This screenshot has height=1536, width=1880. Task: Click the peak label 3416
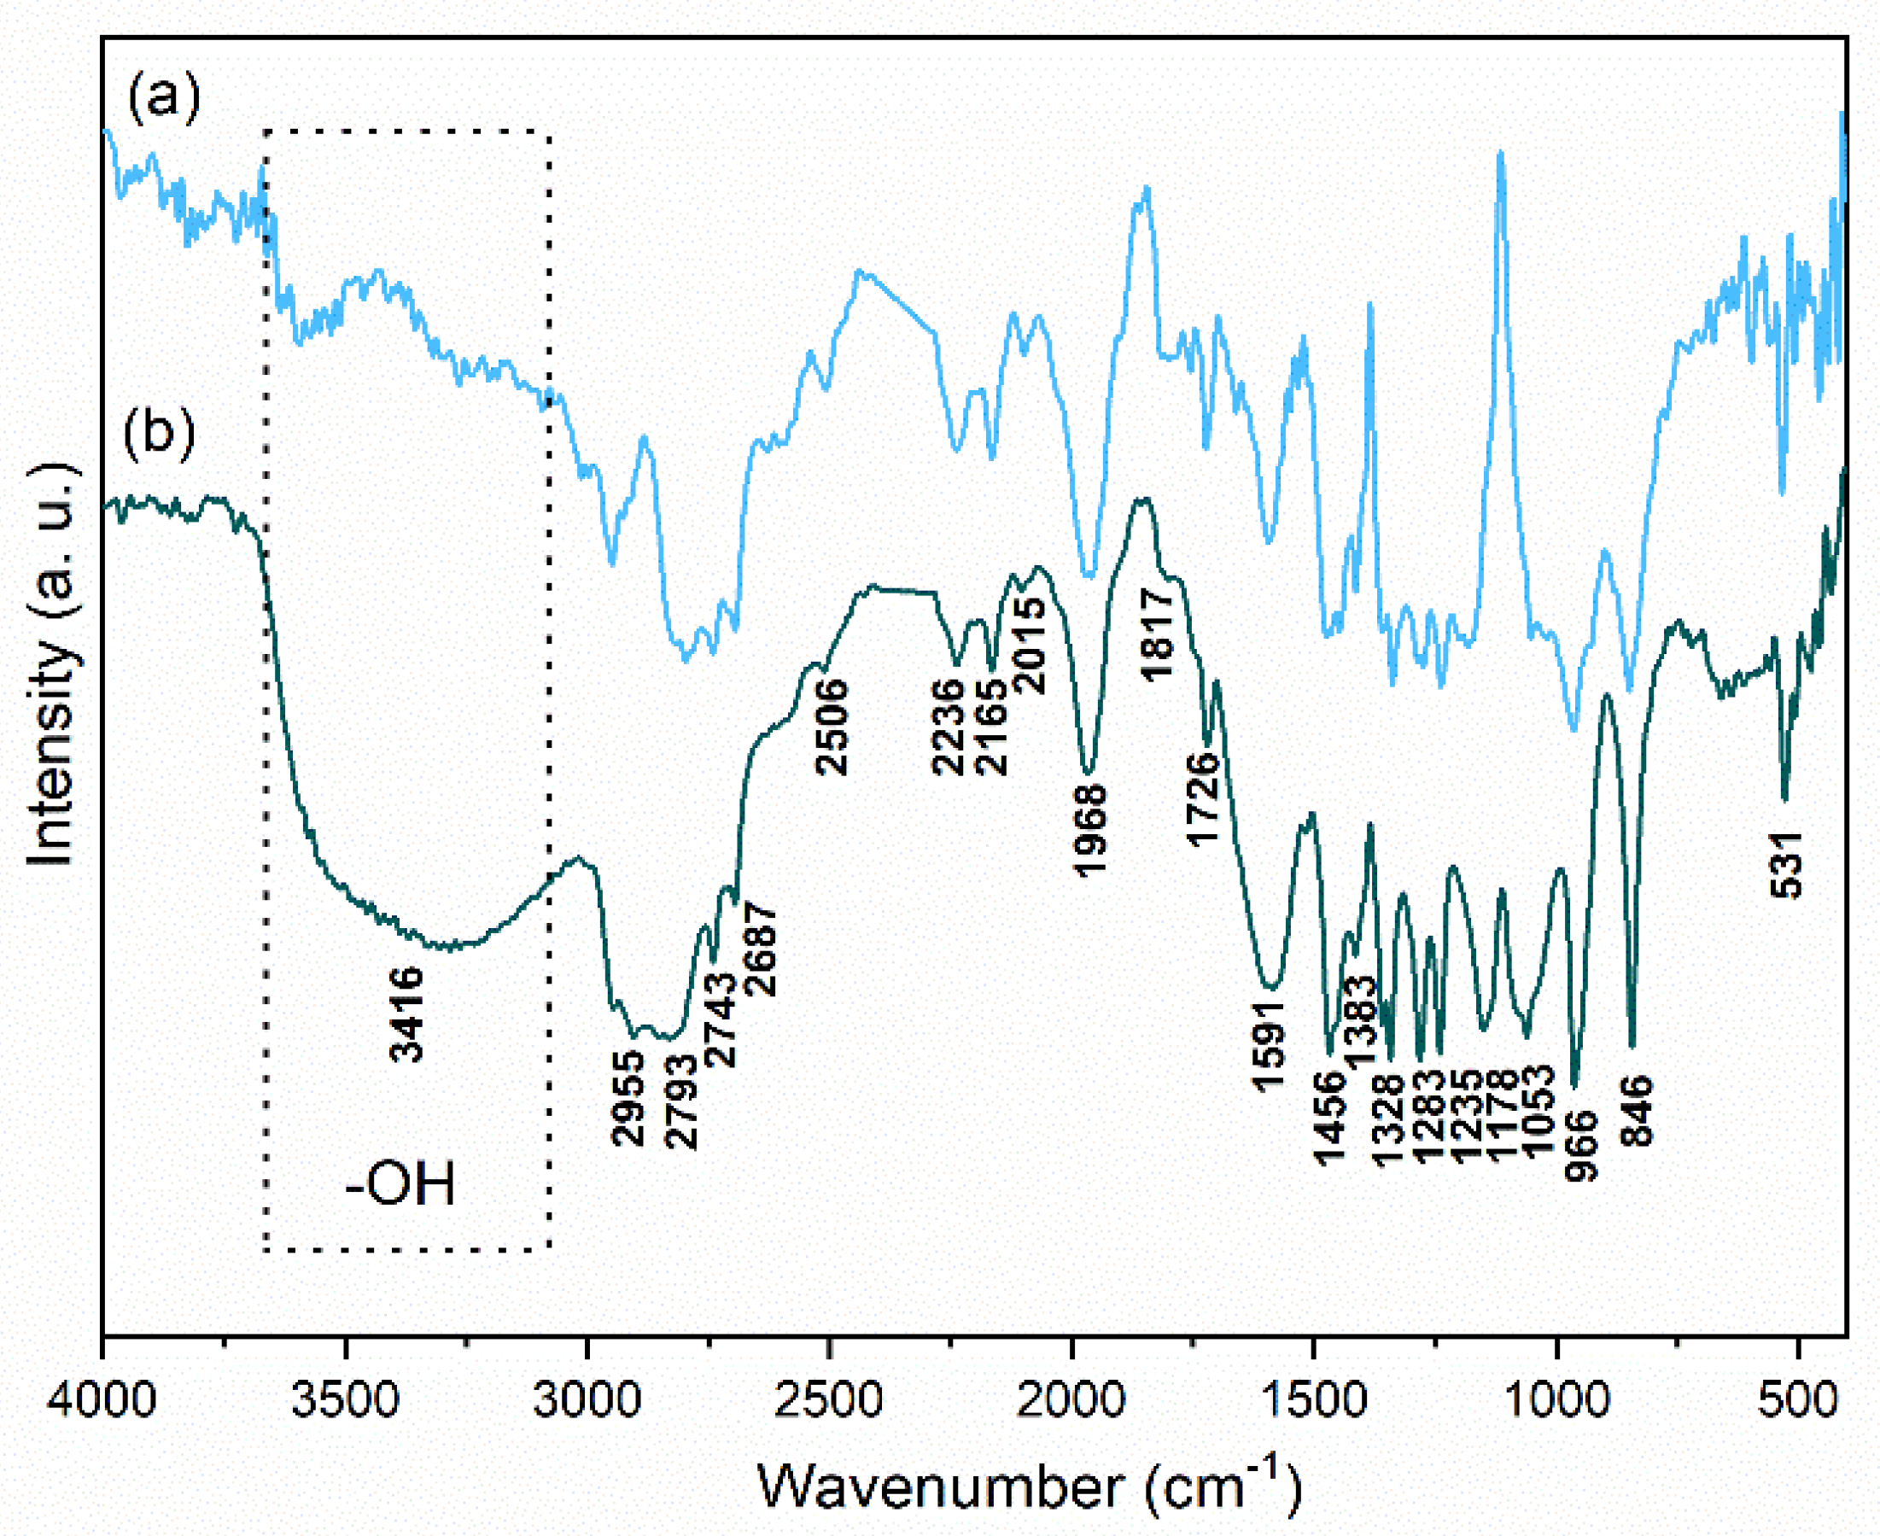(x=408, y=1014)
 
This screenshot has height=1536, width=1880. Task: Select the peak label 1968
(x=1091, y=830)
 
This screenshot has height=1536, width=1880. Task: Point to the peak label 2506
(x=832, y=727)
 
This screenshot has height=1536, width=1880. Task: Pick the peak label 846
(x=1637, y=1112)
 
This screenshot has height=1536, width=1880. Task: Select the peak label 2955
(x=629, y=1099)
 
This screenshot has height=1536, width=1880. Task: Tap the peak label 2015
(x=1030, y=644)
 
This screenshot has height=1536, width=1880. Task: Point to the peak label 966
(x=1582, y=1147)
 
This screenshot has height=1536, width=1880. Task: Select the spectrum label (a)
(x=164, y=96)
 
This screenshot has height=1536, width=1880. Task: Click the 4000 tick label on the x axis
(x=102, y=1400)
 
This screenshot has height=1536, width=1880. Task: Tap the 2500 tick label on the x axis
(x=829, y=1400)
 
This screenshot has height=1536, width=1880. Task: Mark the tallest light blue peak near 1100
(x=1499, y=155)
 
